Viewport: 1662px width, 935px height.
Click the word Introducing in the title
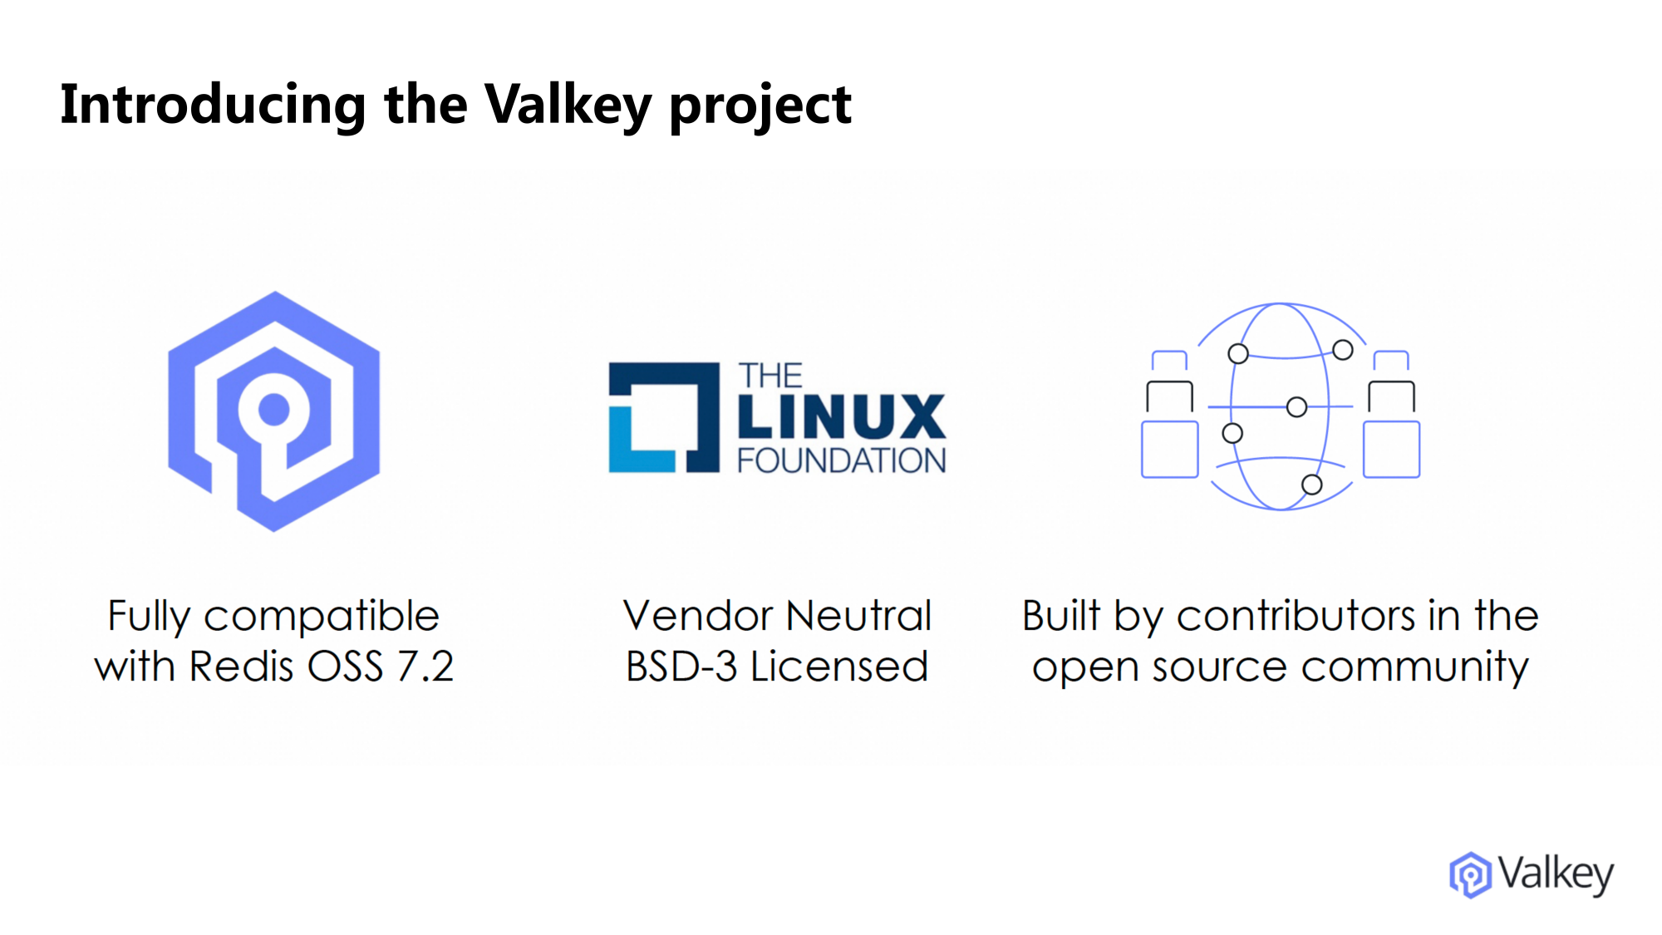tap(213, 105)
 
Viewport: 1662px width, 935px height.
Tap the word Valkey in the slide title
tap(568, 105)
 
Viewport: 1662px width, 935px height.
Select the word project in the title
tap(760, 106)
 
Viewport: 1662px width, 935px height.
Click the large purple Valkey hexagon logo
tap(274, 411)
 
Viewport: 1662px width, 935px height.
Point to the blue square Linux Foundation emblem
tap(663, 417)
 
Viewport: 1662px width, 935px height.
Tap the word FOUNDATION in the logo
tap(841, 460)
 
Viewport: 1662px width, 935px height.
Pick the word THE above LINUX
tap(770, 376)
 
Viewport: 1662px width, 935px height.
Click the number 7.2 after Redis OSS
tap(425, 667)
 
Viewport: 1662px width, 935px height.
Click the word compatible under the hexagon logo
tap(321, 617)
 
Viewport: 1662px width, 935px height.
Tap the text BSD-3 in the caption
tap(681, 667)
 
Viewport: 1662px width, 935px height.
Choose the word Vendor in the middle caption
tap(698, 616)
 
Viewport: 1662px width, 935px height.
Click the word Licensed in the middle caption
tap(839, 667)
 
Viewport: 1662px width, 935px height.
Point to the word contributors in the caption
tap(1296, 616)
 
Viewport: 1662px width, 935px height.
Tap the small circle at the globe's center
tap(1296, 406)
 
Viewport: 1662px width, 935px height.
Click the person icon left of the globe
tap(1169, 416)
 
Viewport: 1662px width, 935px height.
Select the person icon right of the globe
tap(1391, 416)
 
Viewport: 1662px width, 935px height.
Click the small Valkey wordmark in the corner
tap(1555, 874)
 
